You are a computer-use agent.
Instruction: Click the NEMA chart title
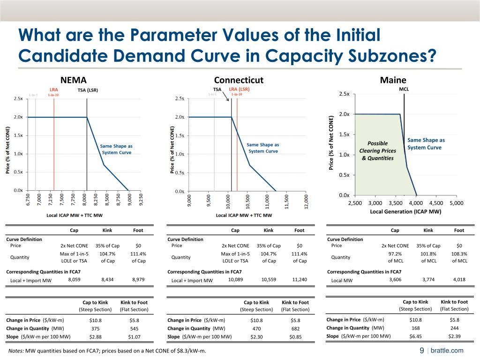tap(74, 80)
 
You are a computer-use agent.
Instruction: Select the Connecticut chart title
tap(239, 80)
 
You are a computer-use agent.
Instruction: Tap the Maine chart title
tap(393, 80)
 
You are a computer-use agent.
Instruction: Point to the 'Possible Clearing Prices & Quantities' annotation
tap(378, 150)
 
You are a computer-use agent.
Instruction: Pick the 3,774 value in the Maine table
tap(428, 280)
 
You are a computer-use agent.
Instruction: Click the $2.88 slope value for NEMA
tap(95, 337)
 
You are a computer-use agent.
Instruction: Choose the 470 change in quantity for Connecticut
tap(256, 329)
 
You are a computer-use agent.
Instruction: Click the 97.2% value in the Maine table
tap(395, 254)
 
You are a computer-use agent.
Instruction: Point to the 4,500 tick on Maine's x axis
tap(436, 203)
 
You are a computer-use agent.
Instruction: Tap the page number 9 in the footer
tap(421, 351)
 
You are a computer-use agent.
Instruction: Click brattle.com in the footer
tap(447, 351)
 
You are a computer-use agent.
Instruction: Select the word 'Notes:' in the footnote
tap(16, 351)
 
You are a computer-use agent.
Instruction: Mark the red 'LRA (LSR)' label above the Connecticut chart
tap(239, 89)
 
